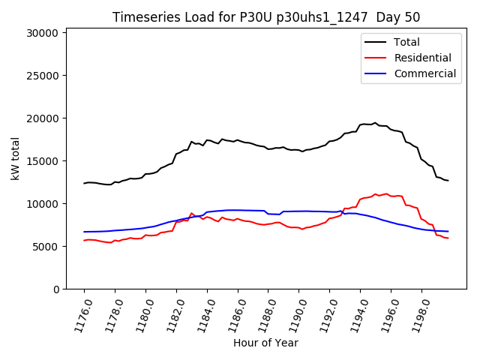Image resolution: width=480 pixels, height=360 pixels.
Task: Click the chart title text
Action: [x=266, y=17]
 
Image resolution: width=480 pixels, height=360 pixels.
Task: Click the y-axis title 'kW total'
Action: [x=15, y=158]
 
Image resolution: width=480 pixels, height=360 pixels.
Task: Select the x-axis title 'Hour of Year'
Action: [x=265, y=343]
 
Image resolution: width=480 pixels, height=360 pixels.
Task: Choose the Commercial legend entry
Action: [x=424, y=73]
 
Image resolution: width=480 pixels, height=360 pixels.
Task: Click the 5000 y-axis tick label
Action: [x=45, y=247]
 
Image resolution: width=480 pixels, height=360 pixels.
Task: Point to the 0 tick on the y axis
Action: [x=55, y=289]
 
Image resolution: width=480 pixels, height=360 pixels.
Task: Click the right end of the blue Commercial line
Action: [x=448, y=232]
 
